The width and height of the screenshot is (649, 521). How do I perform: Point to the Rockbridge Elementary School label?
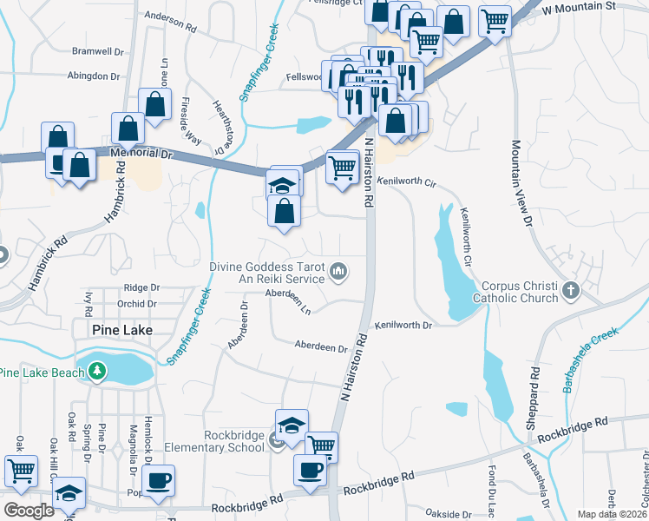click(x=234, y=441)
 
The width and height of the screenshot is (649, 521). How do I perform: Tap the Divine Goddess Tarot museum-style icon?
click(x=338, y=274)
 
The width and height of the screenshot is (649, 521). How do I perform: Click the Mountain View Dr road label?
click(x=521, y=183)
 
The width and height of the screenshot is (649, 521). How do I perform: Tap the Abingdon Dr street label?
click(x=95, y=76)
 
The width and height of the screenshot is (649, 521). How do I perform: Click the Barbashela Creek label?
click(x=593, y=358)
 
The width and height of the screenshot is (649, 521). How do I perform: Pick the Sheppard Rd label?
click(x=534, y=403)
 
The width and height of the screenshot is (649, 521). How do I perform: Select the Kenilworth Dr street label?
click(x=403, y=325)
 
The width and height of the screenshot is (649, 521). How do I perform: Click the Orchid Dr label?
click(x=139, y=304)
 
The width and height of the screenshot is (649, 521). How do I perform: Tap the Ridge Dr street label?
click(x=142, y=287)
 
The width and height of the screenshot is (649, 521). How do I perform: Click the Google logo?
click(x=29, y=511)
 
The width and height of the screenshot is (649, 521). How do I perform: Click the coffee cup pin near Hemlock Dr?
click(x=159, y=482)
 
